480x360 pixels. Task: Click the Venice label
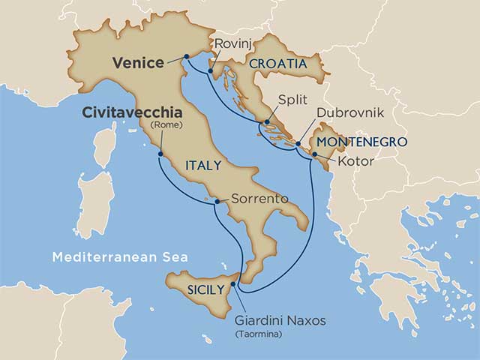[139, 63]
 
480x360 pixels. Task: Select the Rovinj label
[229, 44]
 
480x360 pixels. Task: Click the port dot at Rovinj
[212, 73]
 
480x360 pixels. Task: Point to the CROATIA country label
[279, 64]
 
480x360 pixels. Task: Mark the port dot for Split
[266, 121]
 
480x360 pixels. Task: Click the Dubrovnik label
[346, 112]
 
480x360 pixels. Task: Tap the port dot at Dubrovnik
[298, 143]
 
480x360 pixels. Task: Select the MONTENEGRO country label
[361, 142]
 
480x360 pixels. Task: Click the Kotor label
[355, 160]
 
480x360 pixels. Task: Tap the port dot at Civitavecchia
[160, 154]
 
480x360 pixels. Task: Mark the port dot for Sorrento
[217, 201]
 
